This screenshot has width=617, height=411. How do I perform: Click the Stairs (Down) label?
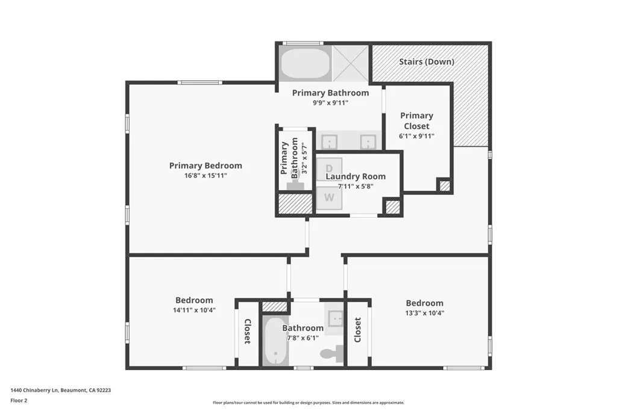tap(427, 61)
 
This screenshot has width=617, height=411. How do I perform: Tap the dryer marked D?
tap(330, 168)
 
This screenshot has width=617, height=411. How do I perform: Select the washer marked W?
tap(330, 197)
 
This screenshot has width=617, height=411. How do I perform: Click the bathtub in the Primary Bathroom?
tap(305, 64)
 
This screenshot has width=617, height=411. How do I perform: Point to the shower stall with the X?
tap(349, 63)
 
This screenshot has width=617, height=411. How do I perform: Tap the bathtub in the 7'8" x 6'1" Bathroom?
tap(275, 342)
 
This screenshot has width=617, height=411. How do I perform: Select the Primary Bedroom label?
tap(205, 165)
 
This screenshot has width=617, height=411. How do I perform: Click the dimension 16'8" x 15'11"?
tap(205, 175)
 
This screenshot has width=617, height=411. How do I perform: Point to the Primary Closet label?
tap(416, 121)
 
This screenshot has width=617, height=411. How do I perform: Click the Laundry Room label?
tap(355, 176)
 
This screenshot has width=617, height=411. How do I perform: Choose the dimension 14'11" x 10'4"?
tap(194, 310)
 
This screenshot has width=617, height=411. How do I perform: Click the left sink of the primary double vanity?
tap(329, 141)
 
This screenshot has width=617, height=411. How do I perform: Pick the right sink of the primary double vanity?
tap(368, 141)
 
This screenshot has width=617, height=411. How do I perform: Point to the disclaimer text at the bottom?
tap(308, 403)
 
